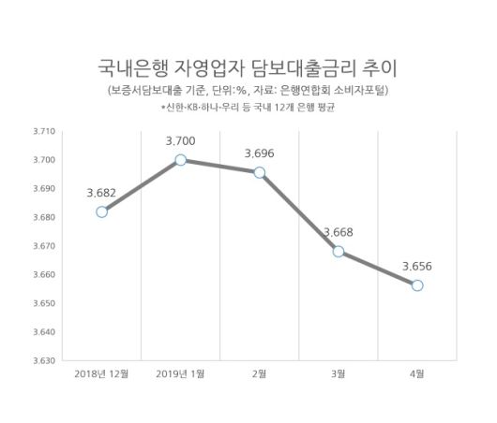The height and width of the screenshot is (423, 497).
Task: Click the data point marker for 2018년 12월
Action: [101, 211]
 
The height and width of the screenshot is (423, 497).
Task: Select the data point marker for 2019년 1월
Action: [180, 160]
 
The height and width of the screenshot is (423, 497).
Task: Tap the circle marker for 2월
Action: [260, 172]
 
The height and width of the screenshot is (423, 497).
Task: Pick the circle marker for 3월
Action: [339, 251]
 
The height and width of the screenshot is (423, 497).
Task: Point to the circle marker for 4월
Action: [417, 284]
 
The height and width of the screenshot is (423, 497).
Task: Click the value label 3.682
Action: [101, 192]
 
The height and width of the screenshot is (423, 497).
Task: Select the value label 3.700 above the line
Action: [180, 140]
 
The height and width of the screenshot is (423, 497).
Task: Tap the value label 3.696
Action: [259, 152]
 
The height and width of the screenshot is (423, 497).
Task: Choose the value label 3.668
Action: [339, 231]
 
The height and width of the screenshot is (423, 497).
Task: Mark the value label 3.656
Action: [417, 265]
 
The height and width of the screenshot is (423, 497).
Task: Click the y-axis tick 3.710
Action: [44, 132]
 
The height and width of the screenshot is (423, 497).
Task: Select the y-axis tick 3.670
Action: [44, 246]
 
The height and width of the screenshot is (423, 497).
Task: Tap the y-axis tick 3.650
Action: [44, 303]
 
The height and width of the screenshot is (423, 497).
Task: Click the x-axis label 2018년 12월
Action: [101, 374]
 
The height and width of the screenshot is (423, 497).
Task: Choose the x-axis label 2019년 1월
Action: [181, 374]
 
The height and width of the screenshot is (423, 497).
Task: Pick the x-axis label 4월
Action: [417, 374]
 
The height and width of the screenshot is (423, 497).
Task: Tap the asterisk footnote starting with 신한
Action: [248, 108]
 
